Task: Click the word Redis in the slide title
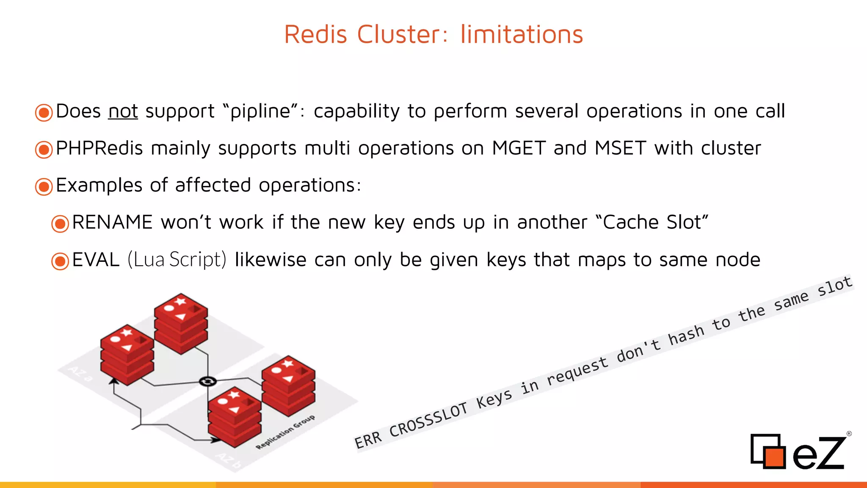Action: pyautogui.click(x=315, y=34)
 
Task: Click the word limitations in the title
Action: pyautogui.click(x=522, y=34)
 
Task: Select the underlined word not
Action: pyautogui.click(x=123, y=111)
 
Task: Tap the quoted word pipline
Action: pyautogui.click(x=260, y=111)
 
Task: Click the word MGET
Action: pyautogui.click(x=519, y=148)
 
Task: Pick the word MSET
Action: pyautogui.click(x=620, y=148)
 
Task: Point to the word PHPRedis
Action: pyautogui.click(x=99, y=148)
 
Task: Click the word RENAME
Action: pyautogui.click(x=112, y=222)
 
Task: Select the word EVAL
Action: pyautogui.click(x=96, y=260)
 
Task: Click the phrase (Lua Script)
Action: pyautogui.click(x=177, y=260)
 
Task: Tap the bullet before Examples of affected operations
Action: pyautogui.click(x=44, y=186)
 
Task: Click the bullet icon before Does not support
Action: pyautogui.click(x=44, y=113)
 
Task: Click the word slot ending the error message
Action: pyautogui.click(x=834, y=286)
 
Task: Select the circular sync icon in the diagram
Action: pyautogui.click(x=207, y=381)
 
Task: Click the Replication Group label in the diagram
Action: pyautogui.click(x=285, y=432)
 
